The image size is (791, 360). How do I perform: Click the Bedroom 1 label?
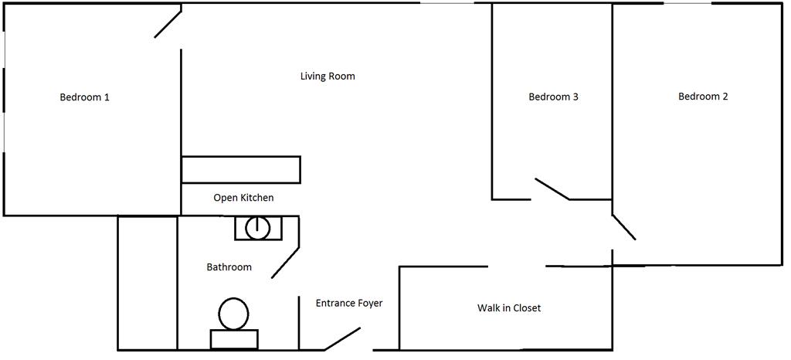pos(84,97)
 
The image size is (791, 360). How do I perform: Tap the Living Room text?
pos(328,76)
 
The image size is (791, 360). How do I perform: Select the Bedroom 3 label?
pos(553,97)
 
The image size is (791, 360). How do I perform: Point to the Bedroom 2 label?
pos(703,97)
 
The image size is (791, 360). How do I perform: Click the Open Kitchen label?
pos(243,198)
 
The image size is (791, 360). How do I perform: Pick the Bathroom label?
pos(229,267)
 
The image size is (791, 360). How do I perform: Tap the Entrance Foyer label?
pos(349,303)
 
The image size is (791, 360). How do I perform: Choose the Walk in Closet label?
pos(509,307)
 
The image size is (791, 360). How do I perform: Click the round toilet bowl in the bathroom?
pos(233,314)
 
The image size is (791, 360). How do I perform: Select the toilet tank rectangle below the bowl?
pos(234,339)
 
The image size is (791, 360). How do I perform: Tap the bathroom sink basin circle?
pos(257,228)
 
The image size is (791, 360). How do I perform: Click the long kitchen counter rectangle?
pos(240,169)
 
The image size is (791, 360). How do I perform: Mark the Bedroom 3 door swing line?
pos(552,189)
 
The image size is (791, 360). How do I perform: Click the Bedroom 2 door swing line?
pos(624,226)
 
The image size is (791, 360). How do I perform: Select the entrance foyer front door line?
pos(342,338)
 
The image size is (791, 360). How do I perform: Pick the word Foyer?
pos(368,303)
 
